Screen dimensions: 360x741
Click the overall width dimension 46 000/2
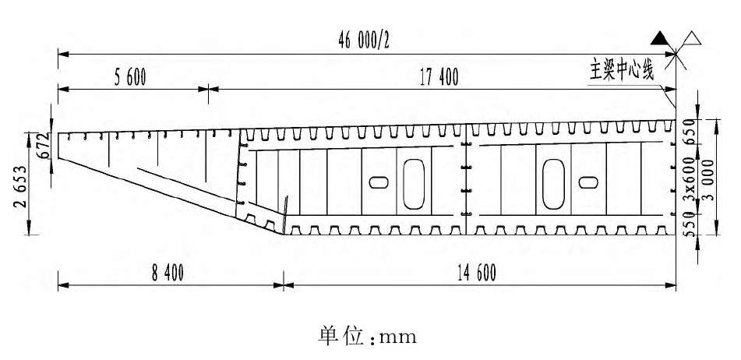[363, 42]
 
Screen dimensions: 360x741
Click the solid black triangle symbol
[661, 37]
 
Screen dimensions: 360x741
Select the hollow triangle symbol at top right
[690, 37]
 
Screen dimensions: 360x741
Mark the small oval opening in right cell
[588, 182]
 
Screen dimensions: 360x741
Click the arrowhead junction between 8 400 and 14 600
[282, 286]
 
